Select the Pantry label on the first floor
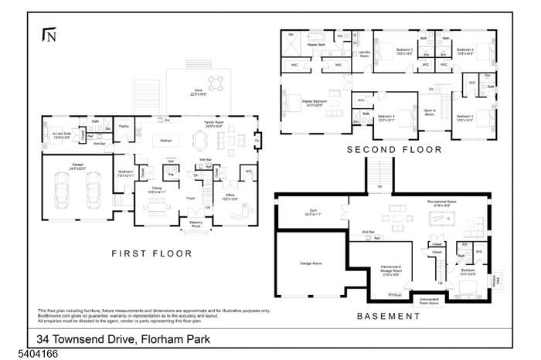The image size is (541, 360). pyautogui.click(x=124, y=126)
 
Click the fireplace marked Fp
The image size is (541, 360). pyautogui.click(x=257, y=141)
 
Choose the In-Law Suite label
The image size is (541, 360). pyautogui.click(x=61, y=134)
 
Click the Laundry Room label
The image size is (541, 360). pyautogui.click(x=363, y=55)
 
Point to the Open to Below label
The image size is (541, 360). pyautogui.click(x=430, y=112)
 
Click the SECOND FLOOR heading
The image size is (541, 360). pyautogui.click(x=394, y=149)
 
